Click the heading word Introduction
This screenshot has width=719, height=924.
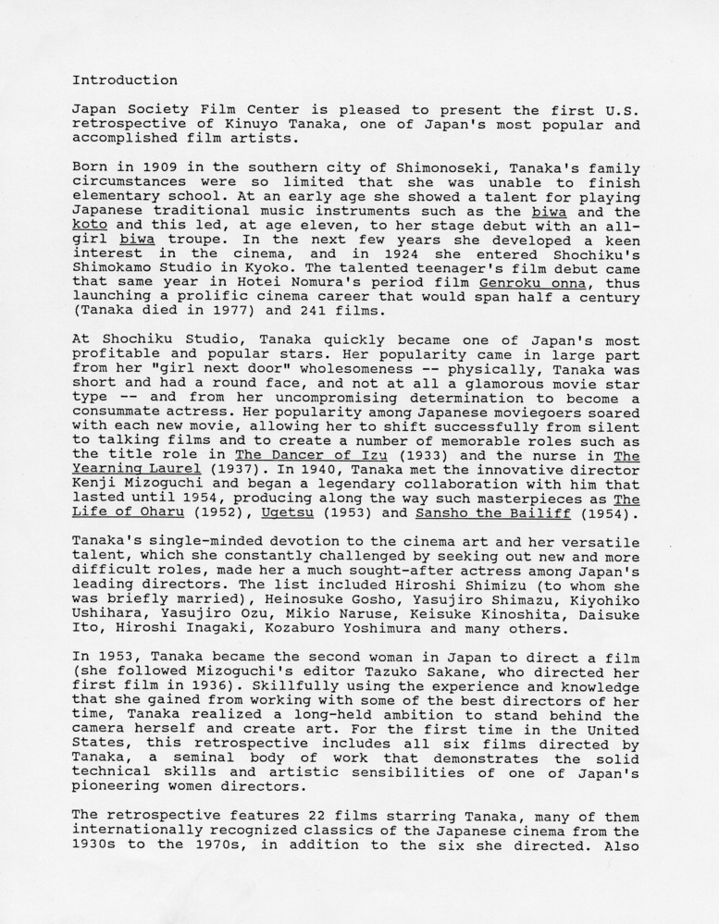click(x=124, y=80)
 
